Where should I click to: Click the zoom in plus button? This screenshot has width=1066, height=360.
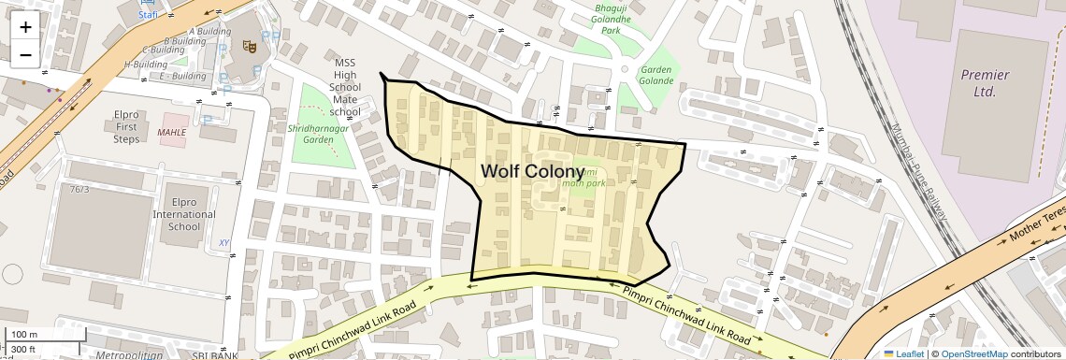[x=25, y=27]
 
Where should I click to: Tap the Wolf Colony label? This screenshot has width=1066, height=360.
[x=532, y=172]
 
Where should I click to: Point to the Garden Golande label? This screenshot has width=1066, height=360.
[x=656, y=75]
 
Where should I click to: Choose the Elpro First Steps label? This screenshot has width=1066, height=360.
[x=126, y=126]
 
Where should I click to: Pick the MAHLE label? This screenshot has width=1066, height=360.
[x=172, y=132]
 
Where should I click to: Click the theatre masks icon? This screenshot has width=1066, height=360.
[x=250, y=45]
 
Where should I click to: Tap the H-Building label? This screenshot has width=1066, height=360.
[x=146, y=65]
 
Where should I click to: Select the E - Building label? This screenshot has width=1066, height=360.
[x=182, y=77]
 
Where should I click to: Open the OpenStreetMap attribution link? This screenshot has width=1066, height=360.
[x=973, y=353]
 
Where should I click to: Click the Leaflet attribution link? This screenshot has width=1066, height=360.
[x=904, y=353]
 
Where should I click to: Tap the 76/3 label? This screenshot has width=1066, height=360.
[x=79, y=190]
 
